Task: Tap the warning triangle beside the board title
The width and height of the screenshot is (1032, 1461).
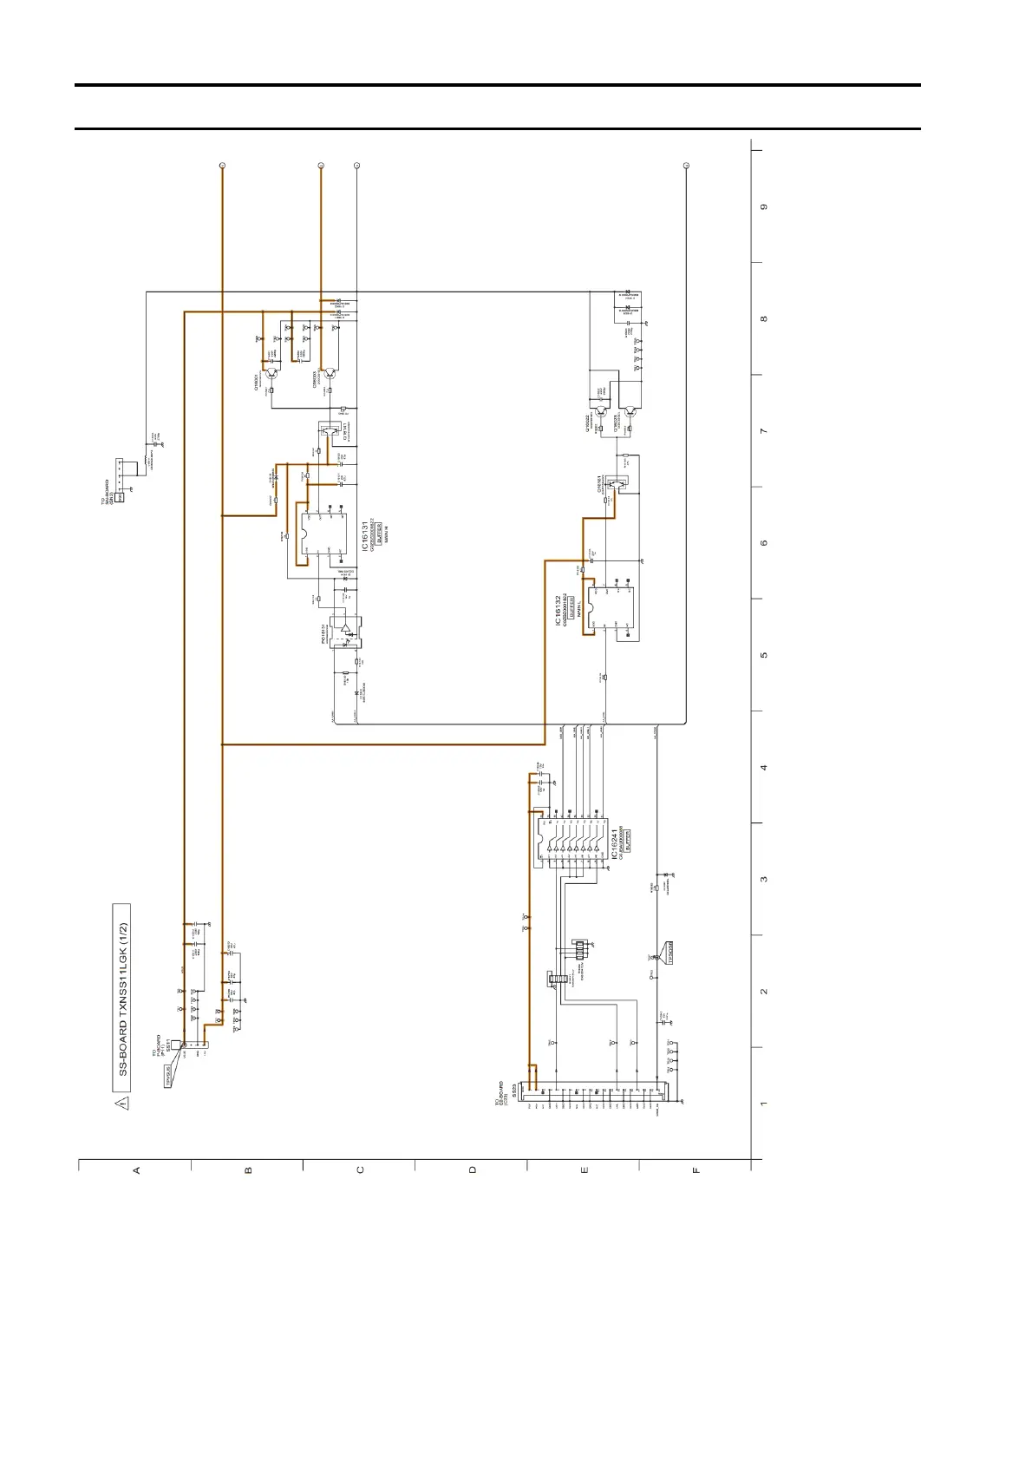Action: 122,1104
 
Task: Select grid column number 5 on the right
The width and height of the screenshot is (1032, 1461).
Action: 764,655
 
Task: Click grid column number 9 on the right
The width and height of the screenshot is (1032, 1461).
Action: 764,207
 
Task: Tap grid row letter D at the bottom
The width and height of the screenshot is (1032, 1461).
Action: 473,1170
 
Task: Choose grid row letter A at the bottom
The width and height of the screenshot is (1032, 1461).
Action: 136,1170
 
